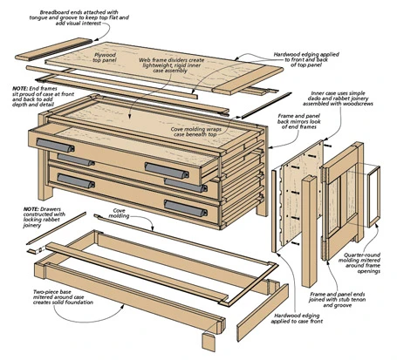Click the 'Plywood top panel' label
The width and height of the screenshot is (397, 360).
tap(105, 58)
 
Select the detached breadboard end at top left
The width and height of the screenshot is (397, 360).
tap(54, 50)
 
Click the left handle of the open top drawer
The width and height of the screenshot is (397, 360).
tap(55, 145)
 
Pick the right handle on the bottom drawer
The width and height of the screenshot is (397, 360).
tap(186, 208)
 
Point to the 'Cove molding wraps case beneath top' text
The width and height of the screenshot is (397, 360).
tap(195, 132)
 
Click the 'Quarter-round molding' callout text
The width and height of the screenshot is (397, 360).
tap(359, 263)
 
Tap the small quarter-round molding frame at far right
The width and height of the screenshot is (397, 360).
tap(373, 196)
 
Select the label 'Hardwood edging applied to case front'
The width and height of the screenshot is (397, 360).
tap(297, 318)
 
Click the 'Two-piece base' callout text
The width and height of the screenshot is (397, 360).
tap(63, 297)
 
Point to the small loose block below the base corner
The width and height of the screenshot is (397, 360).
tap(209, 343)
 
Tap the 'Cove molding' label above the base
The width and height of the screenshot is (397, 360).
tap(119, 213)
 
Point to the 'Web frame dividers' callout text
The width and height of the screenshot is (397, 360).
tap(171, 65)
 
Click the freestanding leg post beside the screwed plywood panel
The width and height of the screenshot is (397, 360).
tap(309, 230)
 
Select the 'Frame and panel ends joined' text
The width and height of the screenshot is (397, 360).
tap(338, 300)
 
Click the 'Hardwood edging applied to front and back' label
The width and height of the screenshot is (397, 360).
tap(306, 59)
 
